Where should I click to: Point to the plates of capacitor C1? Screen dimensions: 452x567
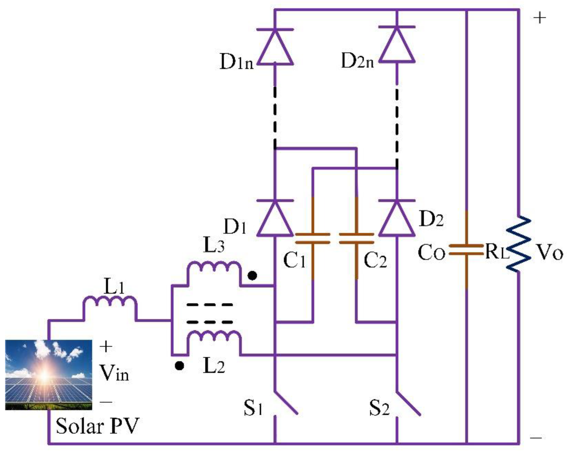pos(312,238)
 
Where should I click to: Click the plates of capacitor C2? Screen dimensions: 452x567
pos(356,238)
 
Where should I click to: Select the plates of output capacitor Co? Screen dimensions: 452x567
pos(466,250)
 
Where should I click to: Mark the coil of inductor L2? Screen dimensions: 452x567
pos(214,336)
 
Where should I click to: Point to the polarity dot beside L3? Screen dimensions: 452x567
pos(253,275)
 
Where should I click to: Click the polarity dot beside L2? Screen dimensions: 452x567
pos(179,365)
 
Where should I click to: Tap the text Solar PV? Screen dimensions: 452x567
pos(97,426)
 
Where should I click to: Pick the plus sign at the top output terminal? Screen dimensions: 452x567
pos(540,18)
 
